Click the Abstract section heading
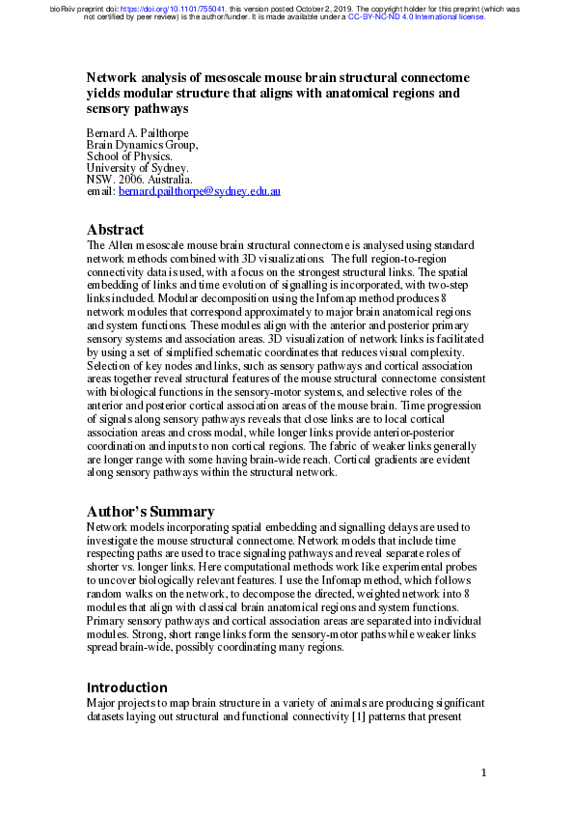115,230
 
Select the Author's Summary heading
150,512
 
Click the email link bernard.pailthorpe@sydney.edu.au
199,193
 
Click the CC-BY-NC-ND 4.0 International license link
417,17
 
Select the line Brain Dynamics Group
142,145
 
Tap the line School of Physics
129,156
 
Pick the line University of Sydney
137,168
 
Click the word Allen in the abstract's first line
121,246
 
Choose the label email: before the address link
100,193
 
